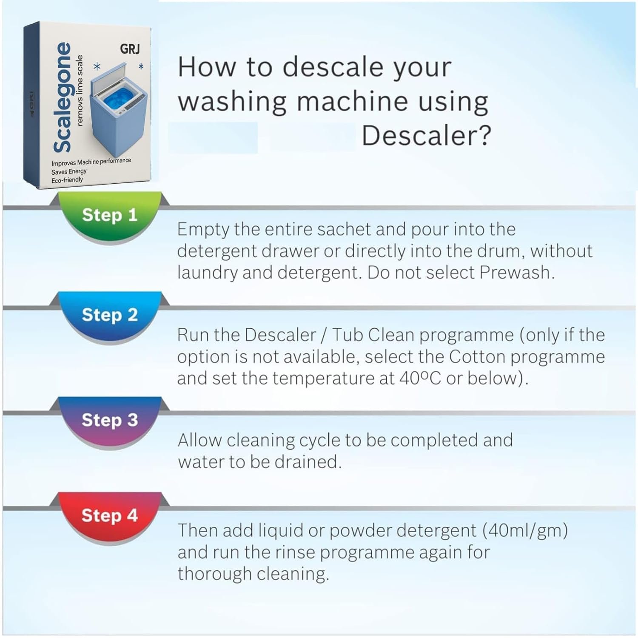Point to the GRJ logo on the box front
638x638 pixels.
[x=130, y=49]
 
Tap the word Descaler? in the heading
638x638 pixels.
[x=426, y=136]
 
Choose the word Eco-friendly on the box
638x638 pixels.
[x=67, y=180]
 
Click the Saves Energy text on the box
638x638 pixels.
[x=69, y=172]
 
